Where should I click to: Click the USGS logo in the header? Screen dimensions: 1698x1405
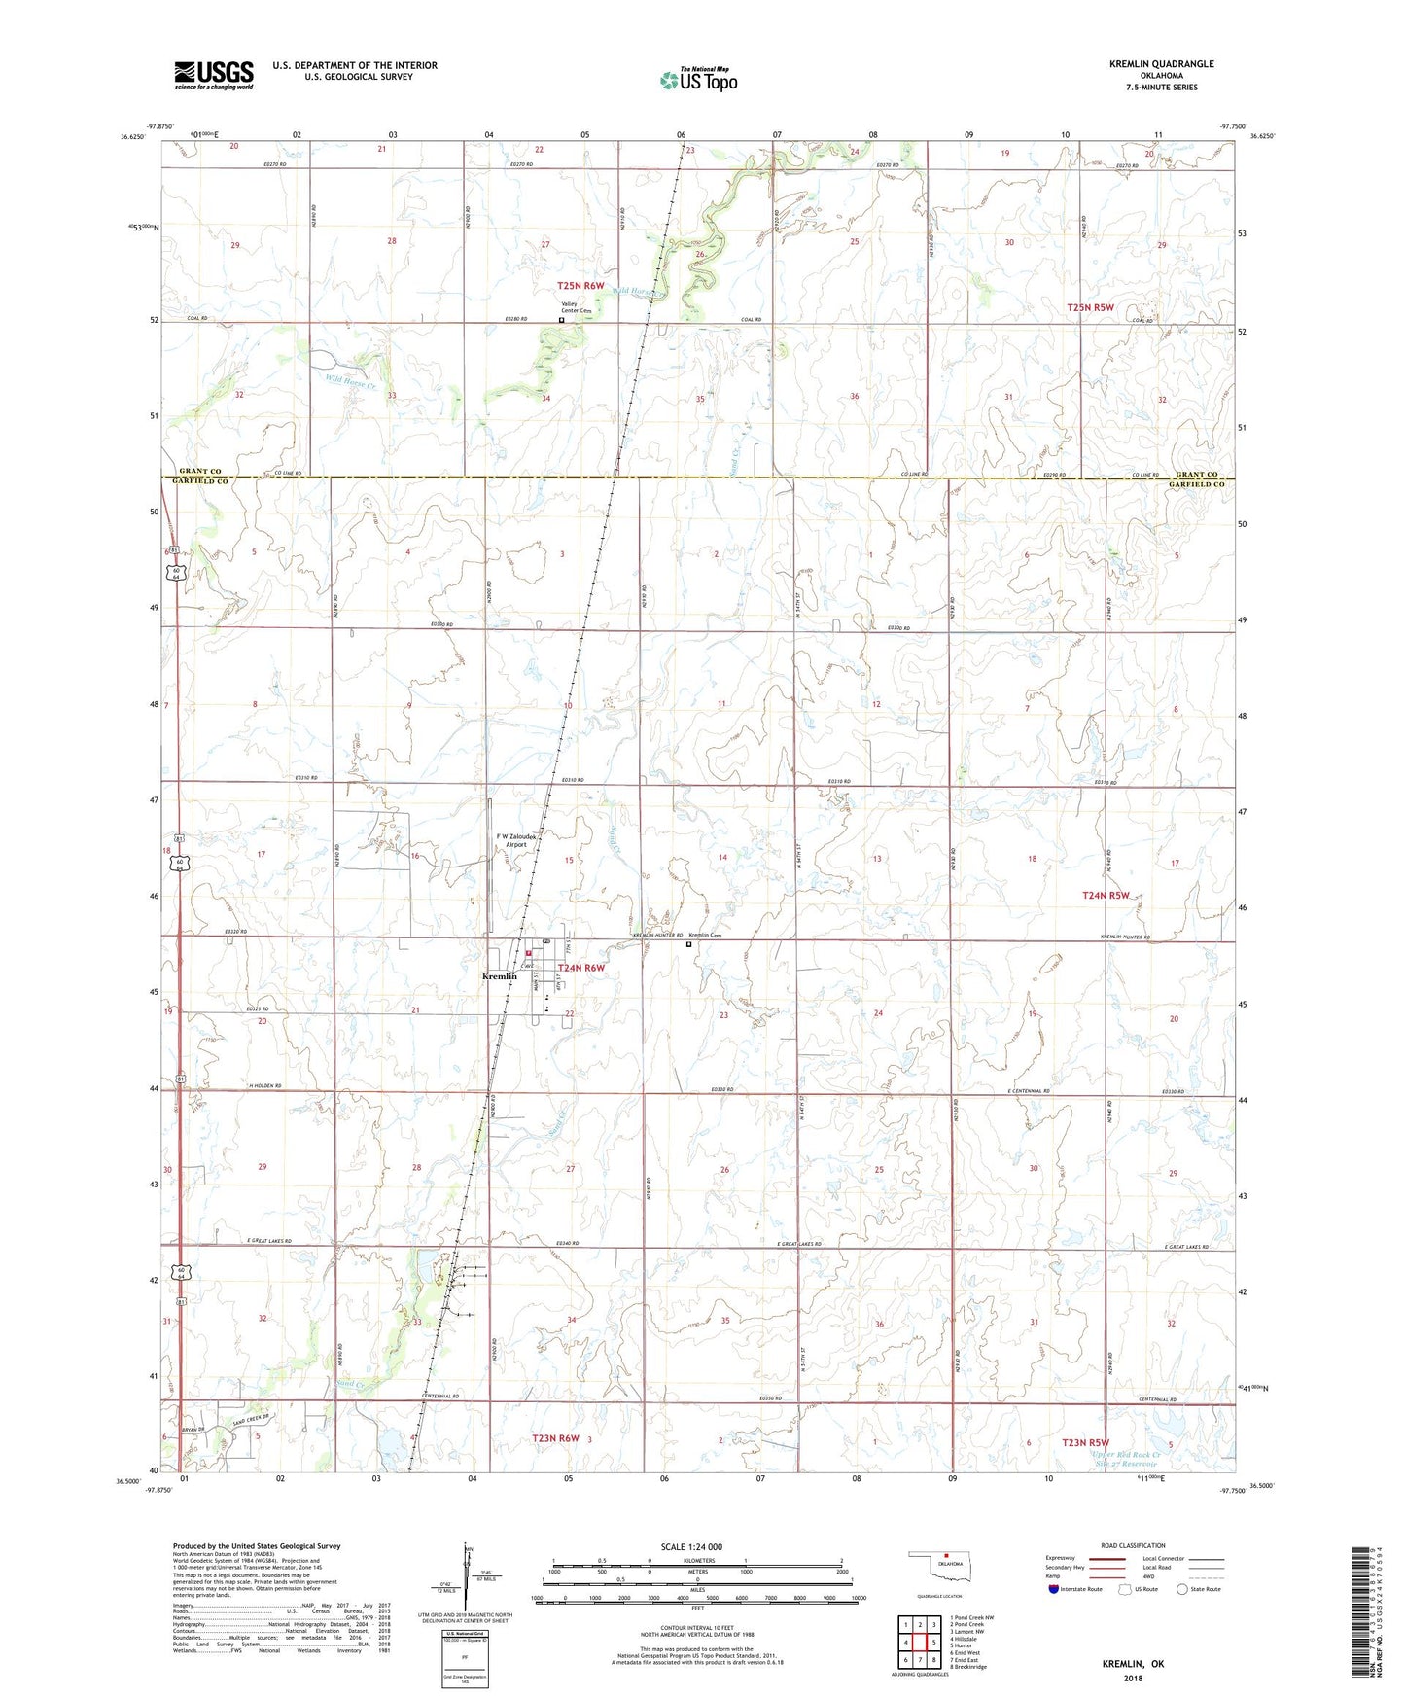point(214,75)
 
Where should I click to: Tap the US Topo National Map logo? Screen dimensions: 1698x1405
point(698,79)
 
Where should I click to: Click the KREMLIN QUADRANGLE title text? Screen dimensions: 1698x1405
point(1161,64)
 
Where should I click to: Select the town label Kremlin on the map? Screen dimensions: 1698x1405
point(500,976)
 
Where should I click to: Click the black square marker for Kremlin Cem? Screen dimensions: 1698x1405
point(689,943)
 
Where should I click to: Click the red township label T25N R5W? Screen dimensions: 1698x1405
point(1090,307)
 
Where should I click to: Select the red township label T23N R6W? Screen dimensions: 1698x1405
point(556,1438)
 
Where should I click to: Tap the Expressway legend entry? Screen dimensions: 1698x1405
point(1060,1558)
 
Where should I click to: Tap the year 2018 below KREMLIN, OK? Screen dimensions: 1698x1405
point(1133,1679)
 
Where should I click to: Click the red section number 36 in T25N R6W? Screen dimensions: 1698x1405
point(854,396)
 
